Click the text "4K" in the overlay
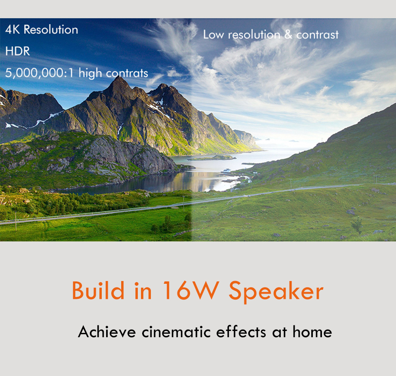[x=12, y=30]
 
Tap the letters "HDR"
[x=17, y=51]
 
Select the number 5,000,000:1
[x=39, y=73]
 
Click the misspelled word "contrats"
[x=127, y=74]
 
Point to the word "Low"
[x=213, y=35]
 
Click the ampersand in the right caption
[x=288, y=34]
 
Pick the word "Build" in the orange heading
[x=98, y=291]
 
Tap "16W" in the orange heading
[x=191, y=291]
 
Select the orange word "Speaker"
[x=276, y=292]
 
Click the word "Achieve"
[x=107, y=332]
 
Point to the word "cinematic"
[x=176, y=332]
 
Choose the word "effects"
[x=241, y=332]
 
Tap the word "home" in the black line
[x=312, y=332]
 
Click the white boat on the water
[x=226, y=171]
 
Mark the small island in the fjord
[x=212, y=158]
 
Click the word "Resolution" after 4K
[x=51, y=30]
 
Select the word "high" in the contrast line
[x=90, y=74]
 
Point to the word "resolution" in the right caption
[x=254, y=35]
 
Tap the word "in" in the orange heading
[x=143, y=291]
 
